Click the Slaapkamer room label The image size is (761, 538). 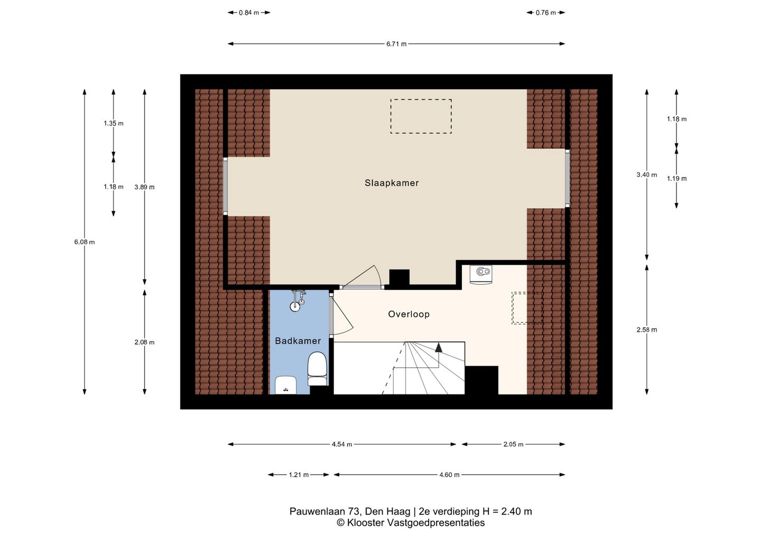(x=392, y=183)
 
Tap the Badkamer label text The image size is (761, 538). (x=298, y=341)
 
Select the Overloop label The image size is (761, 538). (x=409, y=314)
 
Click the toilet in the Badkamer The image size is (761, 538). (x=317, y=368)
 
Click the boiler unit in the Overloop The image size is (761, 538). (x=481, y=274)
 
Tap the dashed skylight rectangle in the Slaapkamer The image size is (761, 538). (x=421, y=116)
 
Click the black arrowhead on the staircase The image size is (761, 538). (x=439, y=347)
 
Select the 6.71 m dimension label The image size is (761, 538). (x=396, y=44)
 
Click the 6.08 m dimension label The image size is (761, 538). (x=85, y=242)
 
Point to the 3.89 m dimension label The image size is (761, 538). (x=144, y=187)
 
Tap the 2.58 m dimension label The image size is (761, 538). (x=647, y=330)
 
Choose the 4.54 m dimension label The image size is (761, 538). (x=342, y=444)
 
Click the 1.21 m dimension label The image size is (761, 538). (x=299, y=475)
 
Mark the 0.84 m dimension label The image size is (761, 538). (x=249, y=13)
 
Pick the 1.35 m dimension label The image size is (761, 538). (x=114, y=123)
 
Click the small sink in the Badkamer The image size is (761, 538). (x=286, y=385)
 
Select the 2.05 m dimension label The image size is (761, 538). (x=513, y=444)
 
